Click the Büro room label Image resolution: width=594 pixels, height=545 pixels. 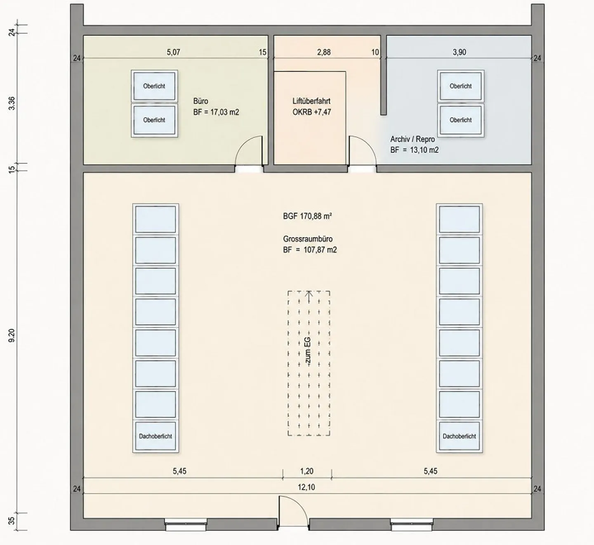coord(200,101)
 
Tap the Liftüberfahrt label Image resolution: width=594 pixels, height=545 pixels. coord(311,101)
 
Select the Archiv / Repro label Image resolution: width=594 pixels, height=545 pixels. coord(412,140)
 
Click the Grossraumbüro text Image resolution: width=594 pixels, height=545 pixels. coord(308,239)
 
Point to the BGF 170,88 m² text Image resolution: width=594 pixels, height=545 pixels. coord(307,216)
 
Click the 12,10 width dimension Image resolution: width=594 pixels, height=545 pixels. coord(306,487)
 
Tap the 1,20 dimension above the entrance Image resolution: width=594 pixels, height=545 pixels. coord(307,471)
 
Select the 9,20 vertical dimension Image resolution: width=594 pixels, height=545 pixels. coord(12,335)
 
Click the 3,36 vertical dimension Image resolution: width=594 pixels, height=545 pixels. coord(12,103)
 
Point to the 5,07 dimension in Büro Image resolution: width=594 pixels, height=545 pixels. coord(173,52)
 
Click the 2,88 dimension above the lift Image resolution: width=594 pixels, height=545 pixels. coord(324,52)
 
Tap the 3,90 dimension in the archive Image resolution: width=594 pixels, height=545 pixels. coord(459,52)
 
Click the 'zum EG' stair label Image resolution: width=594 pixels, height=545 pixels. coord(308,351)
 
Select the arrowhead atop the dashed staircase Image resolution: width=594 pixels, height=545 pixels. coord(309,293)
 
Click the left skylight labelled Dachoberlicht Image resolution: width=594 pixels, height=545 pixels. coord(156,436)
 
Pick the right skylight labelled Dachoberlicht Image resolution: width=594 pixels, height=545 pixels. coord(459,436)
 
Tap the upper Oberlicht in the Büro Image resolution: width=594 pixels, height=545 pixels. coord(154,86)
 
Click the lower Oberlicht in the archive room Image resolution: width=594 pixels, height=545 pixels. coord(461,120)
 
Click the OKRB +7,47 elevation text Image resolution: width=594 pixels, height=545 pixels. coord(311,112)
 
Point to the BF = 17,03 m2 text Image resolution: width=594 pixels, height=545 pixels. coord(216,112)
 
